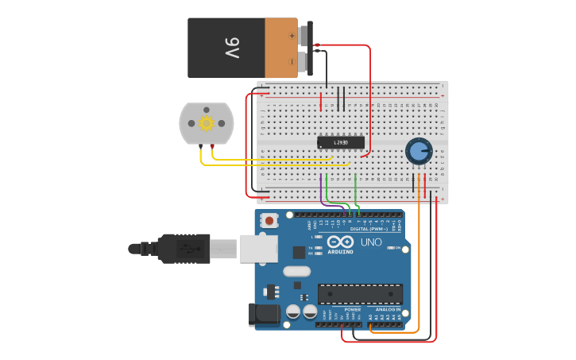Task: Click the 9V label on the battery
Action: (231, 48)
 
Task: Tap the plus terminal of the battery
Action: (292, 35)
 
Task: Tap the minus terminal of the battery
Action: (292, 60)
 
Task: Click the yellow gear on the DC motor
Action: (207, 123)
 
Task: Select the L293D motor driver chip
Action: (341, 143)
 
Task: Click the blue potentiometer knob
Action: (418, 150)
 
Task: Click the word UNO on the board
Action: (371, 242)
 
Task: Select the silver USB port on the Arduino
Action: (257, 249)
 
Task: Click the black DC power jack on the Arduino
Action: (265, 315)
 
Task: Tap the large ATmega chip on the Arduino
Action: (360, 293)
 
